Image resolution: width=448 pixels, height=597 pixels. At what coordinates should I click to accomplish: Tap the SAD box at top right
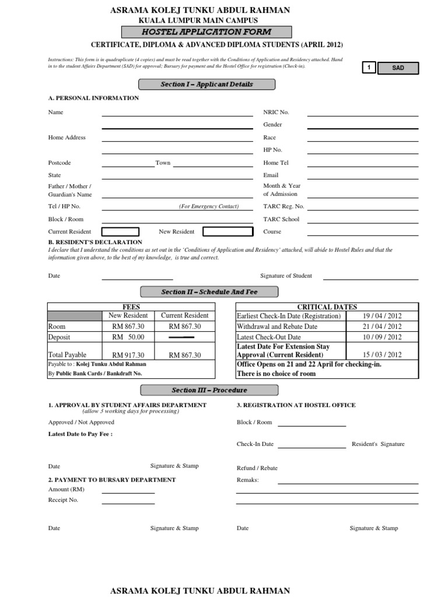tap(398, 68)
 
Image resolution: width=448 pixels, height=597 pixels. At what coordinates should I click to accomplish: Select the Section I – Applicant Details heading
tap(206, 85)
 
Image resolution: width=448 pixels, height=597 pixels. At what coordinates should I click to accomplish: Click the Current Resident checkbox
tap(120, 232)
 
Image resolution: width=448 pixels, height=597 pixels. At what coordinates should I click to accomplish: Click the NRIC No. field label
tap(276, 112)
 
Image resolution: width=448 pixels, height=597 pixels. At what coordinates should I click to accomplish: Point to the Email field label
tap(271, 175)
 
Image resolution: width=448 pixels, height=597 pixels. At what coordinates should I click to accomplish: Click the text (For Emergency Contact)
tap(208, 206)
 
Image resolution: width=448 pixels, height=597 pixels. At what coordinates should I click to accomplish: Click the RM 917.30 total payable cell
tap(129, 355)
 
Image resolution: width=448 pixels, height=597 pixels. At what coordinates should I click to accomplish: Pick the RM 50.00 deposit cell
tap(128, 337)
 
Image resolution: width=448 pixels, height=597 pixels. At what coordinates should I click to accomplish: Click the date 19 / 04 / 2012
tap(381, 316)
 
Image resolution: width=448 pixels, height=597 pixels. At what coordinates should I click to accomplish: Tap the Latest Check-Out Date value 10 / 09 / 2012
tap(381, 337)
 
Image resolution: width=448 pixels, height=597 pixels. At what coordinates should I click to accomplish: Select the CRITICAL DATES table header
tap(327, 307)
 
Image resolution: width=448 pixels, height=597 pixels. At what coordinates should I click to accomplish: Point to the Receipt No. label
tap(63, 500)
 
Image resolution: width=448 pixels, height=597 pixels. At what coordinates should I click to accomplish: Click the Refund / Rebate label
tap(257, 468)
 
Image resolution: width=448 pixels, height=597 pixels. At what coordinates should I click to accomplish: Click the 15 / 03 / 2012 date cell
tap(381, 354)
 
